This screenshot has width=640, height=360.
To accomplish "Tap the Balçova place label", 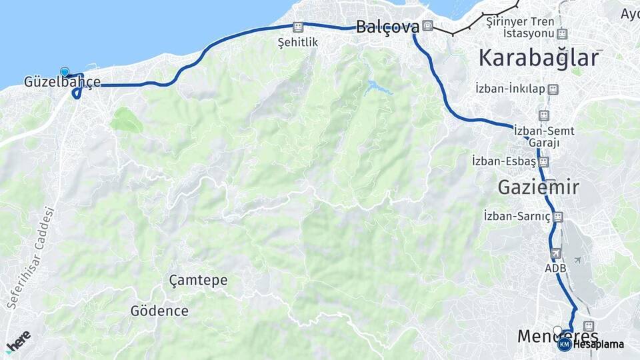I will tap(387, 27).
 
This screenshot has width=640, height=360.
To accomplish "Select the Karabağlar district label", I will tap(539, 58).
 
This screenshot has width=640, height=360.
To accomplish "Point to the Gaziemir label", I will tap(538, 187).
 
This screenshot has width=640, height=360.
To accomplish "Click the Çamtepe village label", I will tap(198, 280).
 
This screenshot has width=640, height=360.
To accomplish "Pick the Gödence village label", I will tap(159, 311).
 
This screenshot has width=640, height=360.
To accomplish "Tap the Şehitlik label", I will tap(298, 42).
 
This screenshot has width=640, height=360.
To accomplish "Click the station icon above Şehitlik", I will tap(298, 27).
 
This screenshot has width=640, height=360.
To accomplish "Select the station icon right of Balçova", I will tap(427, 27).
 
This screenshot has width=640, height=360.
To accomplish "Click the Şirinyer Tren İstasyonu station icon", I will tap(562, 33).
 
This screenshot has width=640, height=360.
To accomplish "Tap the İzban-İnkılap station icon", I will tap(552, 89).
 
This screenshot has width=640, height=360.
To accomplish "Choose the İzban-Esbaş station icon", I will tap(544, 161).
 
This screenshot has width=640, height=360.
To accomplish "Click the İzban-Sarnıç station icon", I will tap(559, 216).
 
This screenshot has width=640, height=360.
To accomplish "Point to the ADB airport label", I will tap(555, 268).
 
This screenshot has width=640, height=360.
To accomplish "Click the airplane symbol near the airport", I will tap(577, 259).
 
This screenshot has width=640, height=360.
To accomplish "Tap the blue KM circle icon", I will tap(564, 344).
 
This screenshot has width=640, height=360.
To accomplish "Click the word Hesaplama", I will tap(598, 345).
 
